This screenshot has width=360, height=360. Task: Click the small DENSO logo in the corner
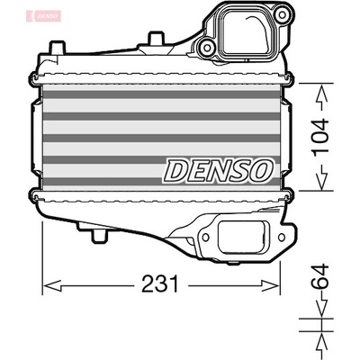pos(44,15)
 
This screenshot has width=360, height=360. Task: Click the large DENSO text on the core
pos(218,170)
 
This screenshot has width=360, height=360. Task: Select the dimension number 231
pos(160,283)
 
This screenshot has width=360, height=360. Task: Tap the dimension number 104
pos(320,138)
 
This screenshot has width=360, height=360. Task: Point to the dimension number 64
pos(320,276)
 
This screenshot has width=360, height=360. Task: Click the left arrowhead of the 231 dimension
pos(52,285)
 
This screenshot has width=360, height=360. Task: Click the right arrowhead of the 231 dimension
pos(271,285)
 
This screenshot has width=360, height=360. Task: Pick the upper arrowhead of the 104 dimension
pos(321,92)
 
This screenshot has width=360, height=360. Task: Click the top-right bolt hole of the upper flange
pos(281,14)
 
